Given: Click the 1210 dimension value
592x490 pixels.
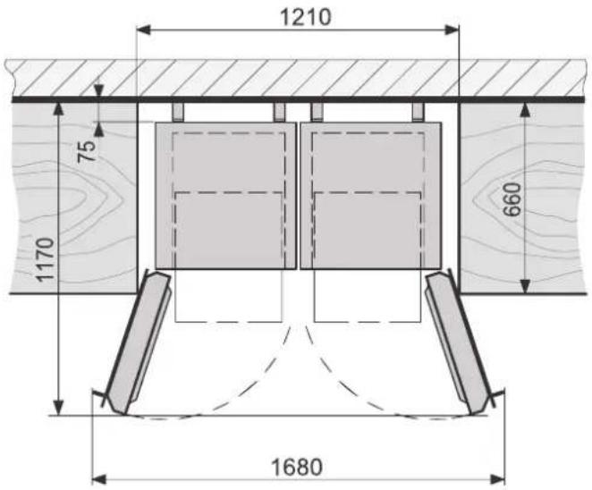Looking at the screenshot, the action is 306,17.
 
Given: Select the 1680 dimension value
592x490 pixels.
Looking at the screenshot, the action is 297,468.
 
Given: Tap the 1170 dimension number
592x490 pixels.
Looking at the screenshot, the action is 45,260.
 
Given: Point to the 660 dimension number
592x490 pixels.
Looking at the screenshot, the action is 512,200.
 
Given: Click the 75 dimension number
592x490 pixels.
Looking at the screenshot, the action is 87,151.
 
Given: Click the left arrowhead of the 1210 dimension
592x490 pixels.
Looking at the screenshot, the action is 143,30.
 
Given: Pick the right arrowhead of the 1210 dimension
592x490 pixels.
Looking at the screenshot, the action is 452,30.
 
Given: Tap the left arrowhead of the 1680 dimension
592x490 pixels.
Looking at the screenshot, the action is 99,480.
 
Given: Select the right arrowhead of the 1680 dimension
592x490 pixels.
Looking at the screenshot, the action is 497,480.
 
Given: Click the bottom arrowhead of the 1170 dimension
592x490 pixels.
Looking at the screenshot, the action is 58,408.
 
